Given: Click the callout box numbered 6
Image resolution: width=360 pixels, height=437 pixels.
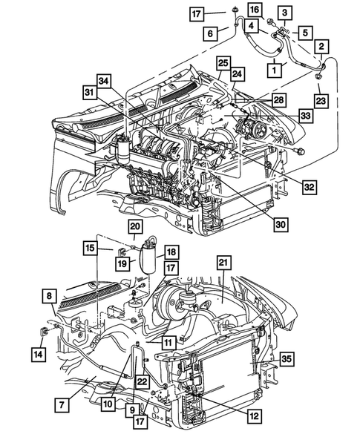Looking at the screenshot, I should coord(212,33).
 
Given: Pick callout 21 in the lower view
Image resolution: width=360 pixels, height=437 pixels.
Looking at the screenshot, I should coord(223,263).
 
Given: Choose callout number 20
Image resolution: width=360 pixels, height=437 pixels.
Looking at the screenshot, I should coord(135,226).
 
